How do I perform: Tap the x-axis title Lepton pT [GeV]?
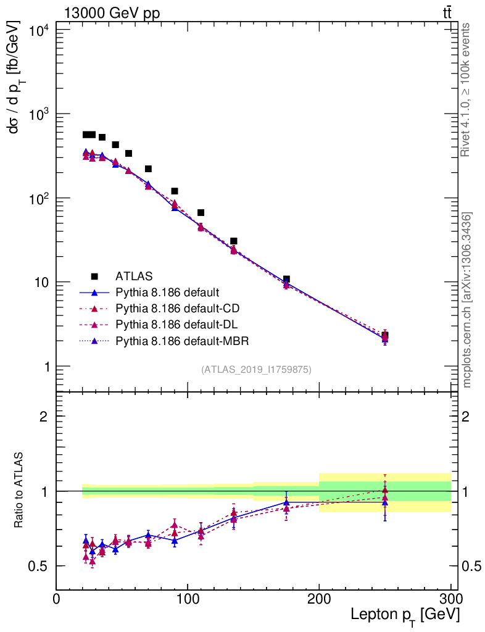405,615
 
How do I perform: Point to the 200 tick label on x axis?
319,598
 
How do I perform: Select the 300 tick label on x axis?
450,598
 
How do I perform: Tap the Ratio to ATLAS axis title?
19,491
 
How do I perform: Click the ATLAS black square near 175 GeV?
286,280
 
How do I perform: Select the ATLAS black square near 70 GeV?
148,168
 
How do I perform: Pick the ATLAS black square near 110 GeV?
201,212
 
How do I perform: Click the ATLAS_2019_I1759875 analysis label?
256,370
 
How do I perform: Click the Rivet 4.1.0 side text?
466,89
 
